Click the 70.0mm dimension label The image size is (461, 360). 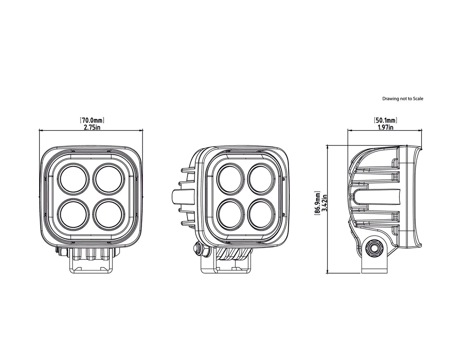(x=92, y=121)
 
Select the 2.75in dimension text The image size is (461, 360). (x=92, y=127)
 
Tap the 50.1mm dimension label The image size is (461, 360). (x=386, y=121)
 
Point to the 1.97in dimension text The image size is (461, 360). (x=386, y=127)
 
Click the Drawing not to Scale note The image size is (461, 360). (x=403, y=99)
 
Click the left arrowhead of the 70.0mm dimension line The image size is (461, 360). (x=41, y=130)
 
